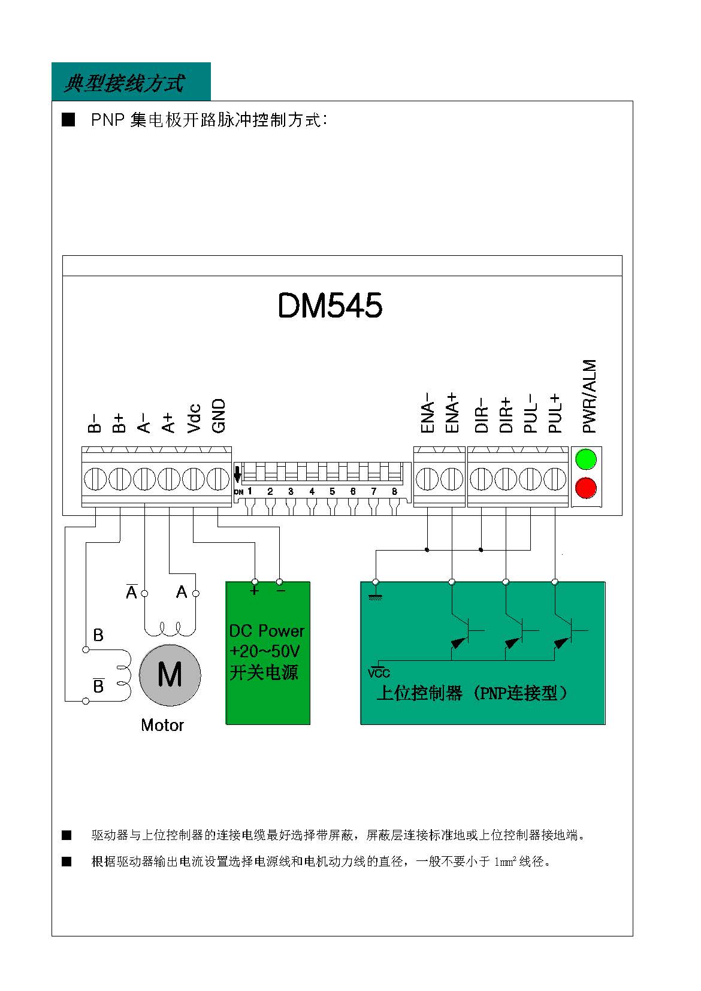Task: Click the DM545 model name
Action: point(330,305)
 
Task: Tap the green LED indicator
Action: point(586,459)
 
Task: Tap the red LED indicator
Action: point(586,488)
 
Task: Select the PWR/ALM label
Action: point(589,396)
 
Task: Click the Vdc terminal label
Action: point(194,418)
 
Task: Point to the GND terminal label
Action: point(219,415)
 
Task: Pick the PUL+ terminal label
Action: point(555,413)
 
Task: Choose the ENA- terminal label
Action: point(427,412)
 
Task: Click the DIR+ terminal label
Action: point(506,415)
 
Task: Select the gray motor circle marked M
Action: point(170,675)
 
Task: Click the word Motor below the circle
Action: point(162,725)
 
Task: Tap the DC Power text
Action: point(267,630)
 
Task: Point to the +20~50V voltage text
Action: point(264,651)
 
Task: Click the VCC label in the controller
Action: point(379,673)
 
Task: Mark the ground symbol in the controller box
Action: point(376,596)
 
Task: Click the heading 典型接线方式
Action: point(124,83)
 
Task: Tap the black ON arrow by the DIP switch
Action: point(237,474)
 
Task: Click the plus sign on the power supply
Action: point(254,591)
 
